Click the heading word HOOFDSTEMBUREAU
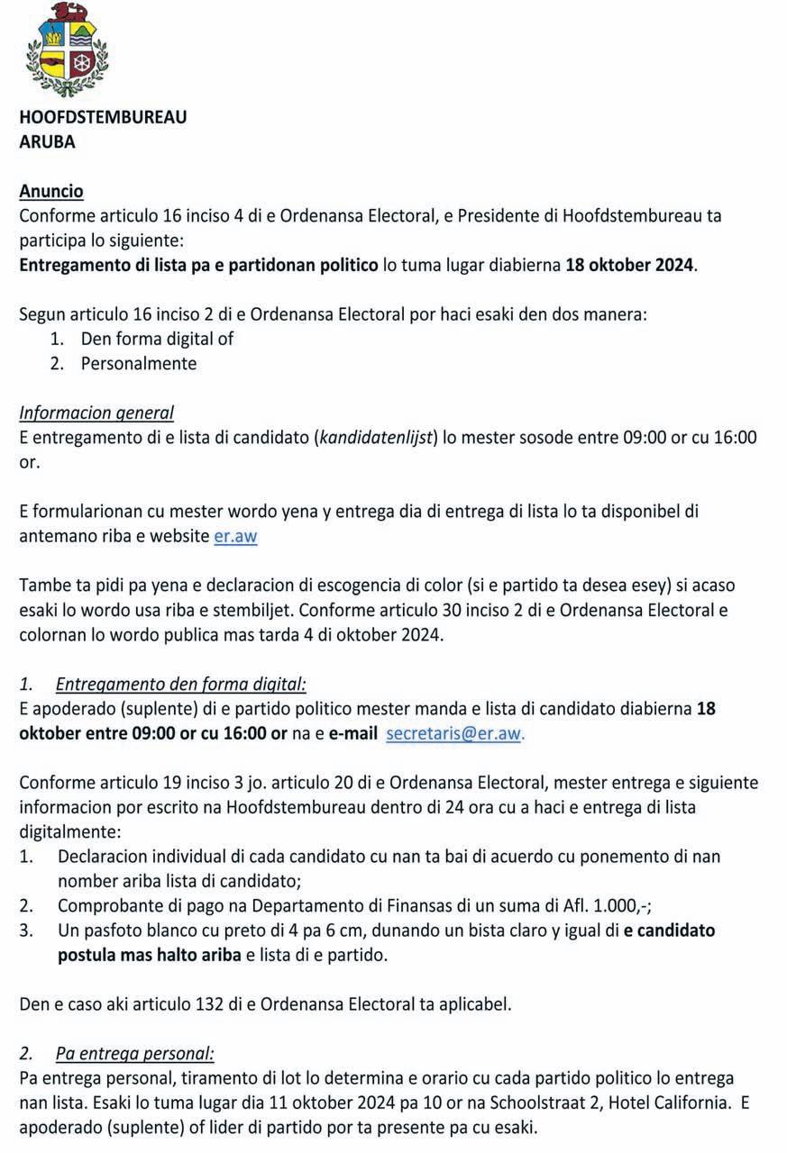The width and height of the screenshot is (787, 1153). tap(103, 117)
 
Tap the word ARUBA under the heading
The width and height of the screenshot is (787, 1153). tap(47, 141)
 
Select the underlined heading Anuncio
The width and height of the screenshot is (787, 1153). tap(51, 191)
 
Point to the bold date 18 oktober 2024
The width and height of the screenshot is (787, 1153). tap(630, 266)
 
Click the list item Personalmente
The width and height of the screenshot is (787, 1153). tap(139, 364)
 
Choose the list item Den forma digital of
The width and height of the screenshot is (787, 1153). tap(158, 339)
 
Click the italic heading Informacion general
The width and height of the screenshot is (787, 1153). tap(96, 413)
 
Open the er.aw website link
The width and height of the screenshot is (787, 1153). tap(236, 536)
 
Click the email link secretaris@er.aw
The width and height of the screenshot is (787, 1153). tap(453, 733)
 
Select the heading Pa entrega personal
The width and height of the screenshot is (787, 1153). tap(135, 1053)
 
